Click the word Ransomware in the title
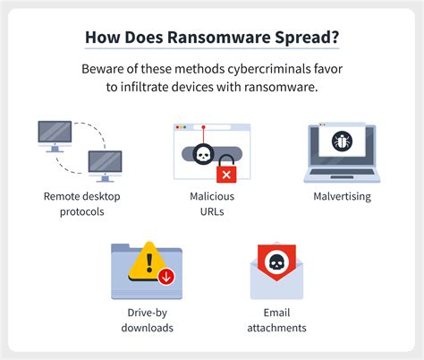pyautogui.click(x=218, y=38)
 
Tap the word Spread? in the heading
pyautogui.click(x=307, y=39)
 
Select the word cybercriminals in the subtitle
pyautogui.click(x=268, y=69)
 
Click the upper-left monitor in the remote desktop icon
pyautogui.click(x=55, y=136)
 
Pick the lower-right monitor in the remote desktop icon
pyautogui.click(x=105, y=166)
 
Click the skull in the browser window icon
pyautogui.click(x=203, y=154)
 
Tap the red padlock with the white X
pyautogui.click(x=226, y=168)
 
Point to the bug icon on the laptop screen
pyautogui.click(x=342, y=141)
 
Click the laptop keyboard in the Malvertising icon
pyautogui.click(x=342, y=172)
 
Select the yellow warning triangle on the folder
pyautogui.click(x=148, y=262)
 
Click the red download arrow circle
pyautogui.click(x=166, y=277)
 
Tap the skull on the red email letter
pyautogui.click(x=276, y=263)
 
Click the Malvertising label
pyautogui.click(x=343, y=196)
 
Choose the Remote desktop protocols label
pyautogui.click(x=82, y=204)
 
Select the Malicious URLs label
pyautogui.click(x=212, y=204)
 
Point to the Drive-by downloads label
pyautogui.click(x=147, y=320)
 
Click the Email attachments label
pyautogui.click(x=276, y=320)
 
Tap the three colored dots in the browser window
pyautogui.click(x=181, y=127)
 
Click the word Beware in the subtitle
pyautogui.click(x=101, y=69)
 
